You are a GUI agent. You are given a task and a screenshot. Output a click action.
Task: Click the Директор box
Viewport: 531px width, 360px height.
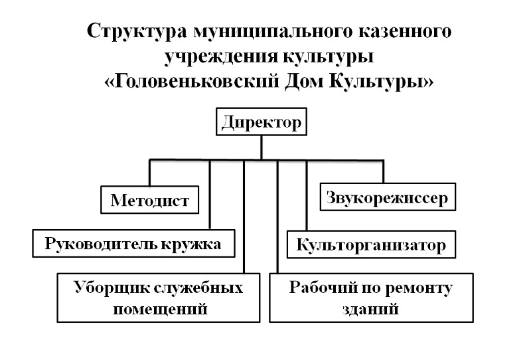262,122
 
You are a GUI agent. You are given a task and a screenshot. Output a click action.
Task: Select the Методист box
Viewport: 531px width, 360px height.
150,200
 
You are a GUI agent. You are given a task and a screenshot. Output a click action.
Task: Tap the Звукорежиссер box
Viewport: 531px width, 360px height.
388,197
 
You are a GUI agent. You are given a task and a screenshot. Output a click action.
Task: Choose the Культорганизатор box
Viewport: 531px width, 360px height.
371,244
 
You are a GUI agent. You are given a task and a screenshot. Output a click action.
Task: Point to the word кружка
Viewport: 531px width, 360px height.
191,244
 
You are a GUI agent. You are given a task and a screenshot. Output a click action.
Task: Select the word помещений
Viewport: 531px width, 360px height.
160,309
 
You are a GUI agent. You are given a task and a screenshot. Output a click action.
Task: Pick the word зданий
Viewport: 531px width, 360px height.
370,309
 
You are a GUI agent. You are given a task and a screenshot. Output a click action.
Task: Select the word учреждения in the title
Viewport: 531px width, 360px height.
220,56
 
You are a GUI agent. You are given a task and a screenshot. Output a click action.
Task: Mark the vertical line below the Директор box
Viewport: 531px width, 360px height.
262,147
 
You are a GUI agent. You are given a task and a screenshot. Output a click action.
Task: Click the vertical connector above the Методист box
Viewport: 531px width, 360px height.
150,173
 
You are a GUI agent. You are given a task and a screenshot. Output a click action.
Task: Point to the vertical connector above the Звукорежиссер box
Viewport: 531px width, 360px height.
384,171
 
